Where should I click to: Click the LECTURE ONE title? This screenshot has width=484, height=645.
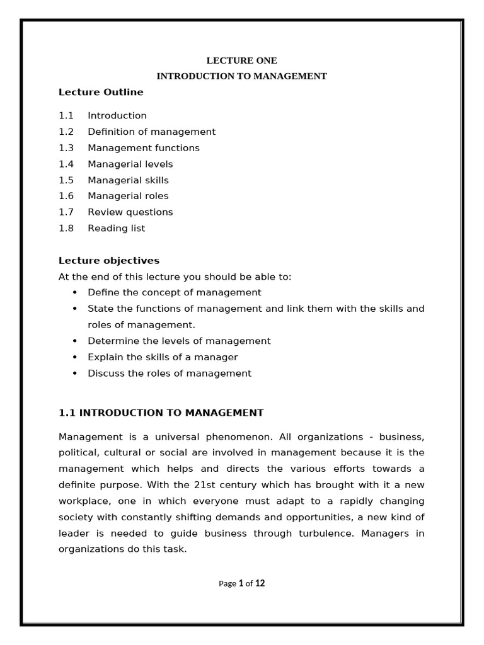(242, 60)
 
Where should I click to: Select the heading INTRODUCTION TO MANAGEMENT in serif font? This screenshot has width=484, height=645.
(242, 76)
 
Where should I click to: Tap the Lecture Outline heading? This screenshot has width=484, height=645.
(101, 92)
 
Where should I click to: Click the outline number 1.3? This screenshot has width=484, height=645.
(66, 148)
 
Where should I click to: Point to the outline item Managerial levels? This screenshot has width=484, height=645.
(130, 164)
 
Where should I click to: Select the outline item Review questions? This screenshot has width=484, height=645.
(130, 212)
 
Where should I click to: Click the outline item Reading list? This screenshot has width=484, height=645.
(116, 228)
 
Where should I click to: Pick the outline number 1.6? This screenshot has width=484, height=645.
(66, 196)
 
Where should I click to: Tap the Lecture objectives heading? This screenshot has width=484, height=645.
(109, 261)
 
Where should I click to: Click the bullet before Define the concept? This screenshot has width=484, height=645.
(75, 293)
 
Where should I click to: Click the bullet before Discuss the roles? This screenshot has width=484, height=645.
(75, 374)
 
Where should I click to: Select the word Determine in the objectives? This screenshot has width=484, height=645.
(111, 341)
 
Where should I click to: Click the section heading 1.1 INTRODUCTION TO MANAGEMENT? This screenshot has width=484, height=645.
(161, 413)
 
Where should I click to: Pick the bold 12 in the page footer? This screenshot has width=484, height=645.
(260, 583)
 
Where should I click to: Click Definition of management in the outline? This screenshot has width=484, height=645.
(151, 132)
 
